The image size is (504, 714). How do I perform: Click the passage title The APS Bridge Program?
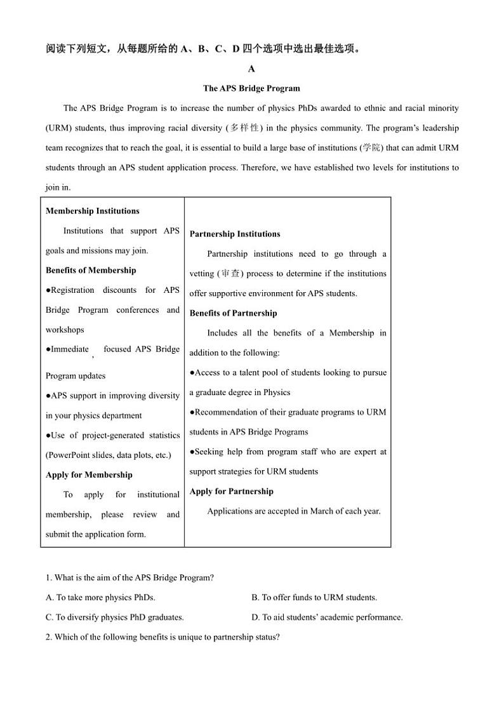point(251,88)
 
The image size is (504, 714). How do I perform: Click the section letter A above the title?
point(251,69)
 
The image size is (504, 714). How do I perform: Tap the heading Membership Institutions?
point(92,211)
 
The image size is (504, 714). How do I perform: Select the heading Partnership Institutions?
point(235,234)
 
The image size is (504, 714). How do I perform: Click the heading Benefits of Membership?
point(91,270)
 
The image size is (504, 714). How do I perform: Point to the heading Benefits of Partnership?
point(233,313)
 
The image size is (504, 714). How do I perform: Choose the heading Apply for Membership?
point(89,475)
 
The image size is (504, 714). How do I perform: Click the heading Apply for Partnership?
point(231,491)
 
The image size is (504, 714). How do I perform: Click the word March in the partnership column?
point(322,511)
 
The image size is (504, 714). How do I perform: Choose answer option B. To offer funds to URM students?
point(314,597)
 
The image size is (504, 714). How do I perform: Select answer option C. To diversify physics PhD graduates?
point(115,617)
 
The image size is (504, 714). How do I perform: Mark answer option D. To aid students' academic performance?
point(327,617)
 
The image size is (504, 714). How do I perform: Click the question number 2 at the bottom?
point(48,637)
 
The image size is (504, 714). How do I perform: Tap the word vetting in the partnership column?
point(202,274)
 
